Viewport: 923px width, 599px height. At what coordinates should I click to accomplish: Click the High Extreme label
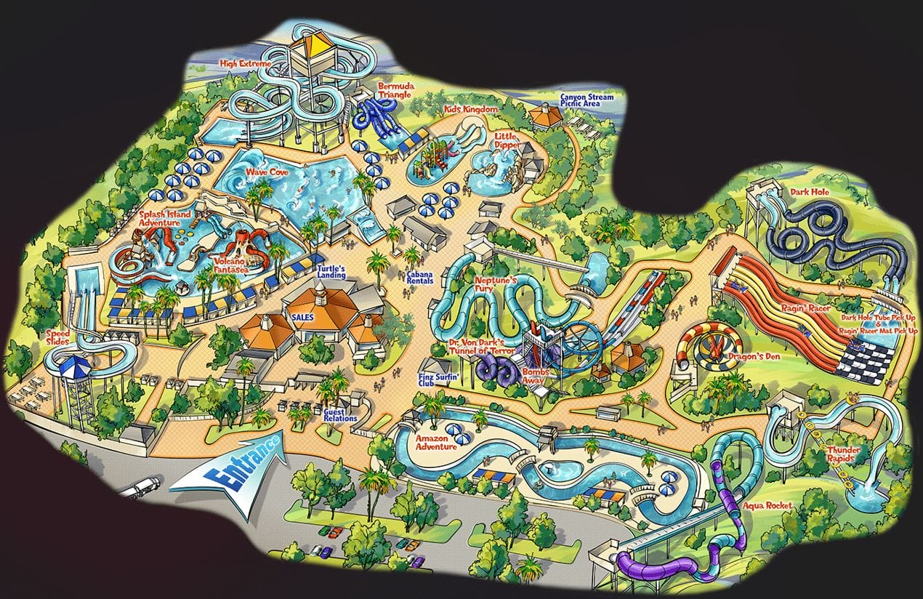coord(245,64)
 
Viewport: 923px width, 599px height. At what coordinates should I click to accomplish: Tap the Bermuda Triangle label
coord(395,90)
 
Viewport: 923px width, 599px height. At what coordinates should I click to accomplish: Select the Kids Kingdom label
coord(471,110)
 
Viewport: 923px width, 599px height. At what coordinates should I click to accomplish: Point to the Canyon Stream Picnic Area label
coord(587,100)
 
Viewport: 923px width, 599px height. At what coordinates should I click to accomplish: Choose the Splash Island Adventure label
coord(165,219)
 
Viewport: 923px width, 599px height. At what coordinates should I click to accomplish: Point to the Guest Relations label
coord(340,414)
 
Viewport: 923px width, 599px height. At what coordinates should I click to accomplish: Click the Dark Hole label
coord(810,193)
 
